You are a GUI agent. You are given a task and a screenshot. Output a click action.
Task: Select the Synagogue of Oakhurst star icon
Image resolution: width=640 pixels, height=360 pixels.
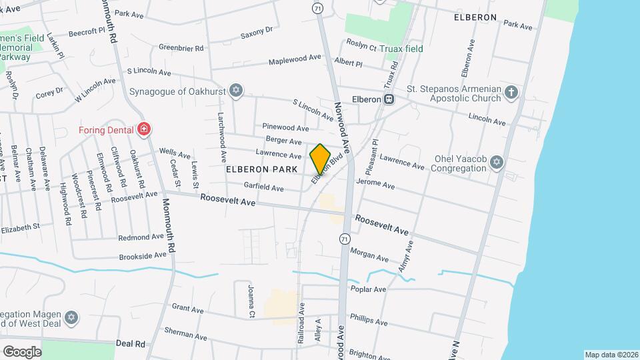[x=235, y=91]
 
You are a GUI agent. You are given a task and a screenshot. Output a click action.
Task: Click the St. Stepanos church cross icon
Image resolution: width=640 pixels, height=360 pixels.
[x=511, y=93]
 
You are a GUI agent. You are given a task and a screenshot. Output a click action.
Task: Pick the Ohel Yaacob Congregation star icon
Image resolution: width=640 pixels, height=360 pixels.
[x=495, y=162]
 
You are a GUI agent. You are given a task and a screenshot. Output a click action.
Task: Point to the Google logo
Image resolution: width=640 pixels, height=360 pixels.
[x=21, y=351]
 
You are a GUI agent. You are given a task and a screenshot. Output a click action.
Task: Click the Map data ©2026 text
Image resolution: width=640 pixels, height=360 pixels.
[x=611, y=355]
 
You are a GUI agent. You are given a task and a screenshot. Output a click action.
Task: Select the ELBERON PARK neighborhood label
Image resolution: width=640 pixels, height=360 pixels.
[x=261, y=169]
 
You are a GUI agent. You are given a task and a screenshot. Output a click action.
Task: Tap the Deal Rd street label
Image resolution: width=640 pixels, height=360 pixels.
[x=130, y=343]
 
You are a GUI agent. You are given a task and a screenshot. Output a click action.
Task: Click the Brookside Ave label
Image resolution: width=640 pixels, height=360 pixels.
[x=143, y=255]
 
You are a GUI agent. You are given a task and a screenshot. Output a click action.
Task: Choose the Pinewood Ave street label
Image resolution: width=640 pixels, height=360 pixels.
[x=285, y=127]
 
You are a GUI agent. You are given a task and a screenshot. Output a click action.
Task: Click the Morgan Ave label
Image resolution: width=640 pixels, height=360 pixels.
[x=369, y=255]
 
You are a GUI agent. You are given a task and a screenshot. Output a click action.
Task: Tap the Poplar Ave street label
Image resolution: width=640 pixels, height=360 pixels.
[x=368, y=289]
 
